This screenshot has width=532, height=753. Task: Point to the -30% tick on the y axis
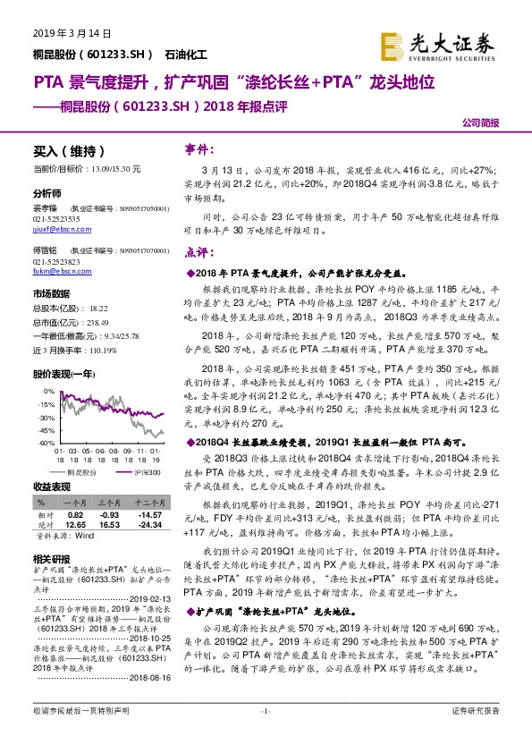43,418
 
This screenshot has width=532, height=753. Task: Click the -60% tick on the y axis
43,443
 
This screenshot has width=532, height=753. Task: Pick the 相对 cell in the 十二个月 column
152,516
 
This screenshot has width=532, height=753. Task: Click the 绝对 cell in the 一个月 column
75,526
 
